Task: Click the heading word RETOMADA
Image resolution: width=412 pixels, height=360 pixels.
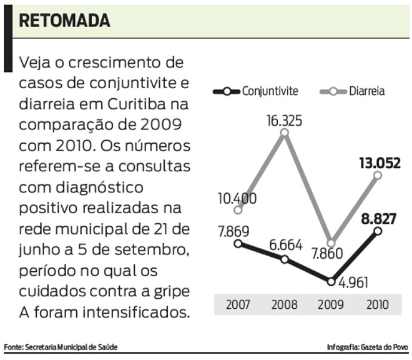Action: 64,20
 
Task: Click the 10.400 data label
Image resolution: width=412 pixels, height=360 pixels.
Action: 235,199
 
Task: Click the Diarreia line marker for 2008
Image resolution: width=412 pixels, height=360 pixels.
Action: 285,132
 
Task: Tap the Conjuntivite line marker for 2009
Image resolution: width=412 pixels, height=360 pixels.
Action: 331,281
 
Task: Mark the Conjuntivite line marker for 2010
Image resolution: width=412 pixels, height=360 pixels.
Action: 378,232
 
